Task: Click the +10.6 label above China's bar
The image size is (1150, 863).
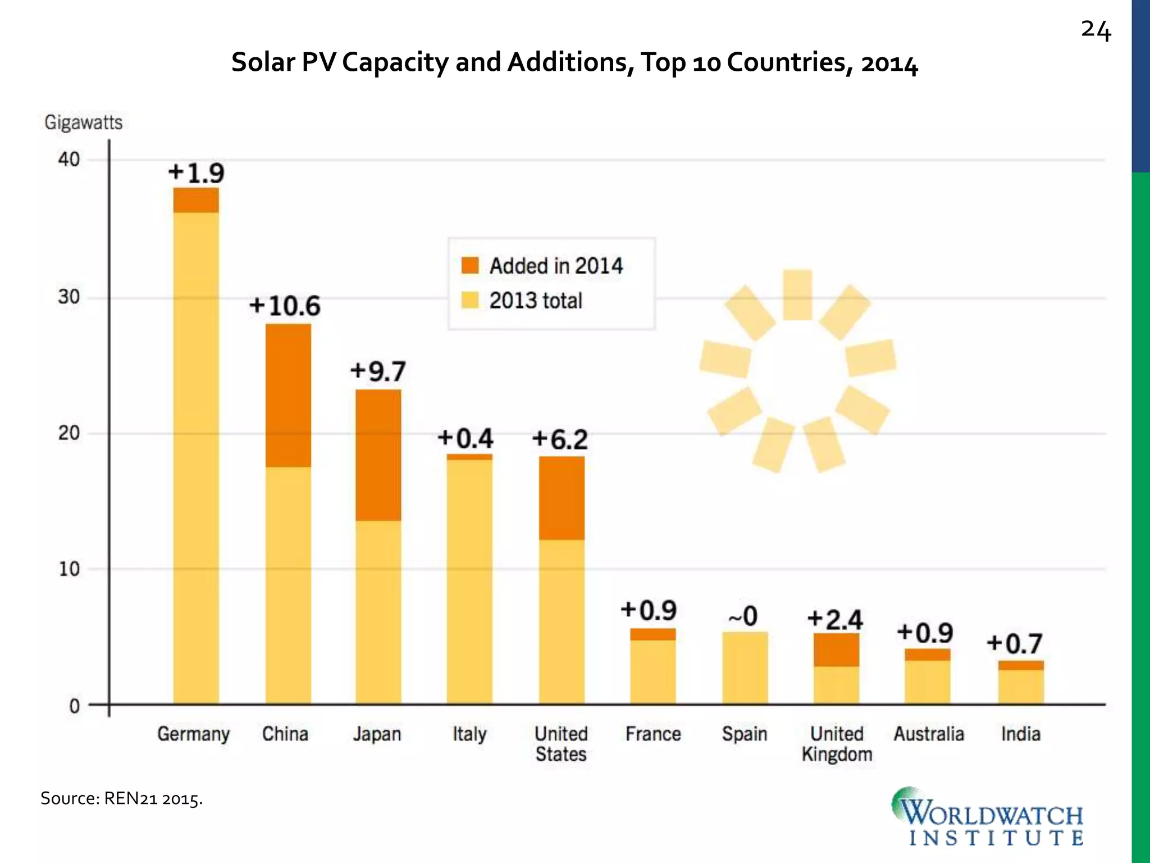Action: point(285,306)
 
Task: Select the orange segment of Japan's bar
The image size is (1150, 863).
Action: point(378,455)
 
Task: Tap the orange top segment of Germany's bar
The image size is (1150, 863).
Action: point(195,200)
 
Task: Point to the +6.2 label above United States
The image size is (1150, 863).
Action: point(560,439)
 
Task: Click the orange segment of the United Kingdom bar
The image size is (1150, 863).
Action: point(836,650)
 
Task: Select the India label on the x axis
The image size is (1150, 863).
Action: point(1020,734)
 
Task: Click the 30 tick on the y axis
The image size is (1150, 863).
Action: point(69,297)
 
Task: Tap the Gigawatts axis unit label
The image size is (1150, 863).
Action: point(83,122)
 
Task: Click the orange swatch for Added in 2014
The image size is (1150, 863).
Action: point(470,266)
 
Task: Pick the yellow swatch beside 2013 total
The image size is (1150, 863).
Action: point(470,301)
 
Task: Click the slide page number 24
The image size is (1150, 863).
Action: point(1096,30)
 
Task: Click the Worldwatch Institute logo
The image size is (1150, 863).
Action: point(988,817)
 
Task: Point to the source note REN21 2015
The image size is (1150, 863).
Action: point(121,798)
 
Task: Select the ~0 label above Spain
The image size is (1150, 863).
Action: point(743,617)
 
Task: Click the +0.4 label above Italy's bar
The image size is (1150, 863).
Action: point(466,438)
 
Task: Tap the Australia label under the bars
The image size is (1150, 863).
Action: point(929,734)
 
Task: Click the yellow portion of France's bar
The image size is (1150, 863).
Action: point(652,671)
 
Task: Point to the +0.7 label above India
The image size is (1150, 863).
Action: point(1015,644)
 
